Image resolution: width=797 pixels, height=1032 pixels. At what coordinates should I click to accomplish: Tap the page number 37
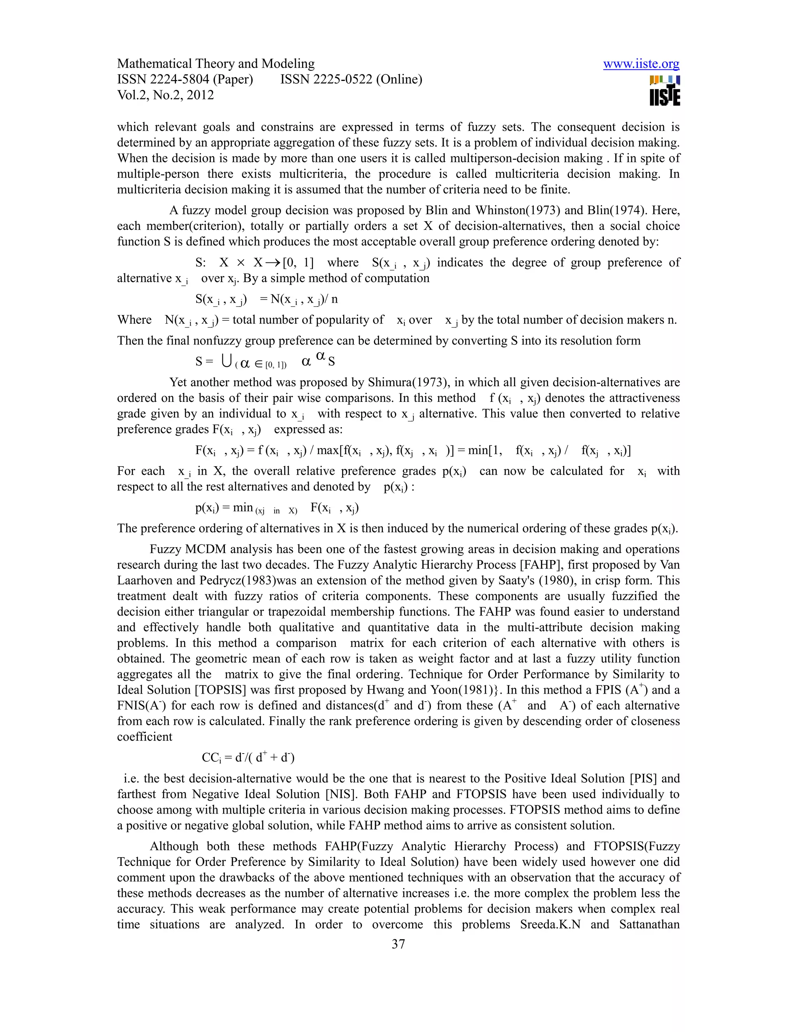398,944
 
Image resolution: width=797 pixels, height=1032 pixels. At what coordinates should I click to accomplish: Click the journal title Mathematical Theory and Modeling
216,64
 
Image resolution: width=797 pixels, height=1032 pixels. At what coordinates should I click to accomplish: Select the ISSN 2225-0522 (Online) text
351,79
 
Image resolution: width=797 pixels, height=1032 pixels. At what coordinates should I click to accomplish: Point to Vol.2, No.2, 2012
165,95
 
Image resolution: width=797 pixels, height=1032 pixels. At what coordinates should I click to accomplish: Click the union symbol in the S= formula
226,361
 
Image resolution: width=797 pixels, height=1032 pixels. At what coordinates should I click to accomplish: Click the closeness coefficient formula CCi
248,757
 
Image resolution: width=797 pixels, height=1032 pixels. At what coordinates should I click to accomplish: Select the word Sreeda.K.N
550,924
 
